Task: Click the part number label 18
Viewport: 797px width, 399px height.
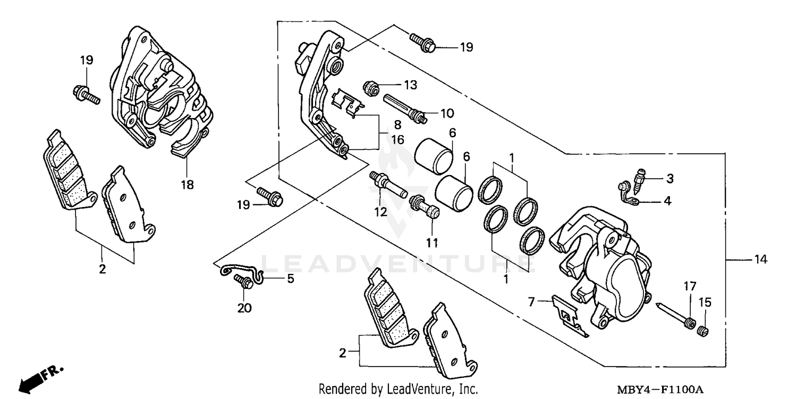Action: tap(187, 185)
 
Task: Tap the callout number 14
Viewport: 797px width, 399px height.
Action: tap(760, 260)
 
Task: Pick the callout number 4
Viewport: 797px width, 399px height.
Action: tap(667, 201)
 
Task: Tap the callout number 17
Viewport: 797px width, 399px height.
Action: tap(689, 286)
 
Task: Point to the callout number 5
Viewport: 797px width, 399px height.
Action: tap(290, 278)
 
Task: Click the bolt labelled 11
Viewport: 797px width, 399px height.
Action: tap(425, 209)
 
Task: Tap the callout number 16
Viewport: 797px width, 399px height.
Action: tap(397, 140)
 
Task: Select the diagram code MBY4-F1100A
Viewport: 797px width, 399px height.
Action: tap(660, 390)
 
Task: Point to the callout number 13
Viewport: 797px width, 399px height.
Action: tap(410, 85)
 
